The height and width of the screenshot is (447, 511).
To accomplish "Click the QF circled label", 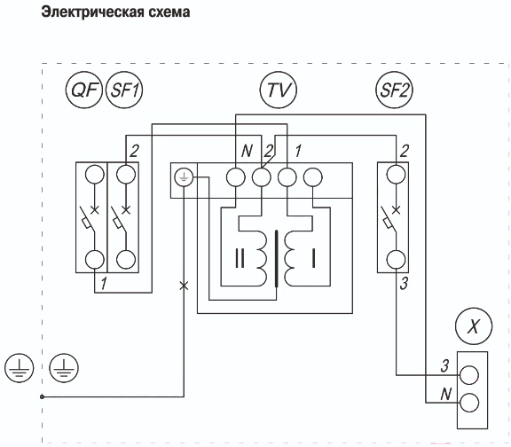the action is (84, 90).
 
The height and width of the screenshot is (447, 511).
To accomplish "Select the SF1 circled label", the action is (124, 90).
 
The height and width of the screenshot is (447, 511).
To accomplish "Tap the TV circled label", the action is (279, 90).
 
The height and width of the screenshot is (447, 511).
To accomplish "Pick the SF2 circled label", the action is (394, 90).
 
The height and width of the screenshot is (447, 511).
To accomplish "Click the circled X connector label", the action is (474, 326).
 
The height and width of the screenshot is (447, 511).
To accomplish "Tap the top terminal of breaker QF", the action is (95, 175).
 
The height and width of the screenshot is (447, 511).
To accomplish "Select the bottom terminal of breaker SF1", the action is (126, 260).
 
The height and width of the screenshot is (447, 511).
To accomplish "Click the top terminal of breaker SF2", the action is (396, 175).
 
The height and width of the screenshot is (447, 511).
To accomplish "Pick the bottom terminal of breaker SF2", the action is (396, 260).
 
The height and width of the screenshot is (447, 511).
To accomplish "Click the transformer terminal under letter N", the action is (235, 177).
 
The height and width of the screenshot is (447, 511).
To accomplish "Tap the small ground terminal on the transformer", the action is (184, 177).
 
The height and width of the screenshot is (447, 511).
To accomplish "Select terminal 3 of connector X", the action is (469, 375).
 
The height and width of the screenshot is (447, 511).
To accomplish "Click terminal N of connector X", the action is (469, 403).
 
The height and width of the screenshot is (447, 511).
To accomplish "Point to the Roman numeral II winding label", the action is (240, 258).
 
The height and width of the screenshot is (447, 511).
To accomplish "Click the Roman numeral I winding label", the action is (313, 258).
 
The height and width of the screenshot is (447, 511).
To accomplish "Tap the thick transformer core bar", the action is (277, 259).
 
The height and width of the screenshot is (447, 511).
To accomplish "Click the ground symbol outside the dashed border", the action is (19, 368).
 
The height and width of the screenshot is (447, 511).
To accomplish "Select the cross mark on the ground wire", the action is (185, 286).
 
